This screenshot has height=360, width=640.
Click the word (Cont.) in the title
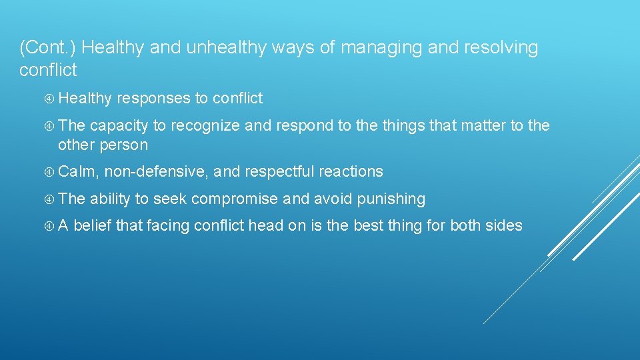pyautogui.click(x=49, y=48)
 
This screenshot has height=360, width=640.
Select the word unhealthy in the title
pyautogui.click(x=207, y=48)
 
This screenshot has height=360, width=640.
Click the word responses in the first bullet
pyautogui.click(x=153, y=99)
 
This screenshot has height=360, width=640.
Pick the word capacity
pyautogui.click(x=119, y=126)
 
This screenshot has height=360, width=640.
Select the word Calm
pyautogui.click(x=77, y=172)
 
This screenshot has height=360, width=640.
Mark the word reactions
pyautogui.click(x=351, y=172)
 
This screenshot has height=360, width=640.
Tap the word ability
pyautogui.click(x=111, y=199)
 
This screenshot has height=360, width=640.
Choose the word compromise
pyautogui.click(x=235, y=199)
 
